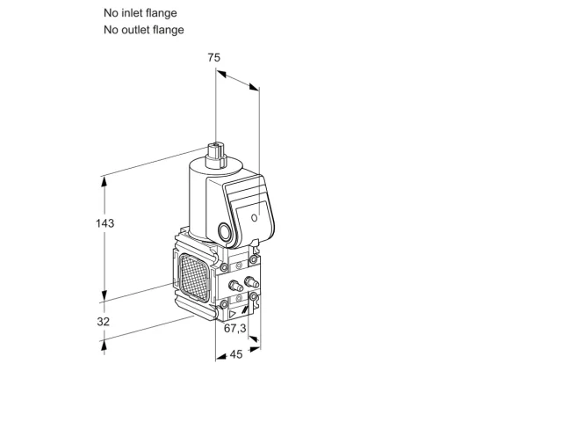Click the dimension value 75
213,57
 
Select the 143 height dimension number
105,223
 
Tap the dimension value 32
104,322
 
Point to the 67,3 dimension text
235,328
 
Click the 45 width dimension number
236,354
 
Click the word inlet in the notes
133,13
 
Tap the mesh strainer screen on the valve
194,277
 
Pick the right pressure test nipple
251,282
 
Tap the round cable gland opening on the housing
225,232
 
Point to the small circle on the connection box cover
254,218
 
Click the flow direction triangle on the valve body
232,315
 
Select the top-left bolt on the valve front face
224,267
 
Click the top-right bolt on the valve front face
254,259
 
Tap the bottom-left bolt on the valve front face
224,305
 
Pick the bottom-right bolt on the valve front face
254,296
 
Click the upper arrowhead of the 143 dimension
104,182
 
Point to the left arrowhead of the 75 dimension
221,74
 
